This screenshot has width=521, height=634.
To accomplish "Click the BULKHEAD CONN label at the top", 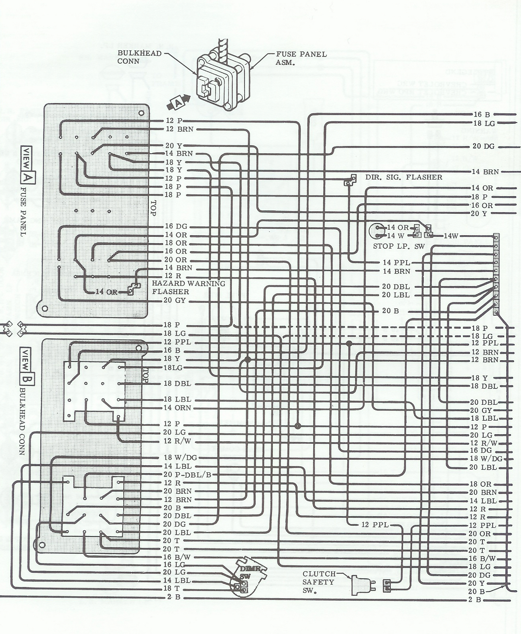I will [x=139, y=57].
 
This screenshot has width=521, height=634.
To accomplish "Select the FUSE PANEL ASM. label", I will [x=301, y=58].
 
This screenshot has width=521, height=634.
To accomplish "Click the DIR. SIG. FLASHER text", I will [x=404, y=177].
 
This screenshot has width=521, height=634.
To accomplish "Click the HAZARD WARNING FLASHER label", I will [x=189, y=287].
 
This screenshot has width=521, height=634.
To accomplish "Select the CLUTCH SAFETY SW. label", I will [x=318, y=582].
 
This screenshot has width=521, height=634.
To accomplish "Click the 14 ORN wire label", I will [x=177, y=408].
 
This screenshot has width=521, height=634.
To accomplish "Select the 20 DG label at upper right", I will [x=484, y=146].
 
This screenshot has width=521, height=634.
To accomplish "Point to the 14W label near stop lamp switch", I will [x=452, y=236].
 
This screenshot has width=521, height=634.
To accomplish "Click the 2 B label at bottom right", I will [x=476, y=599].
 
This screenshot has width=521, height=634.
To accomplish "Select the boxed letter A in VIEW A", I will [x=28, y=177].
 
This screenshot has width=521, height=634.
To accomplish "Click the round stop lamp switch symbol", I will [x=377, y=231].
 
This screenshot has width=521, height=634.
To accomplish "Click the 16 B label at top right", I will [x=482, y=115].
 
